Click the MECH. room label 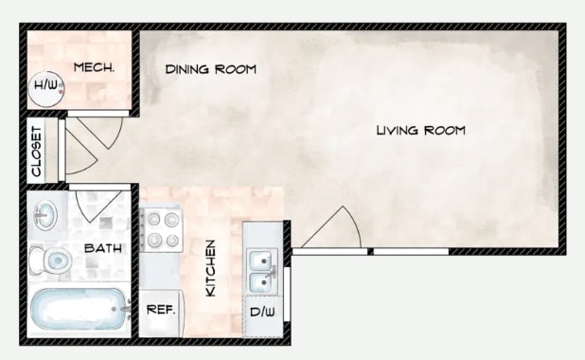pyautogui.click(x=95, y=68)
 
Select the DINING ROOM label pyautogui.click(x=211, y=70)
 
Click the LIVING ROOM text pyautogui.click(x=420, y=130)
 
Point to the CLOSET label pyautogui.click(x=37, y=152)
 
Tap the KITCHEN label pyautogui.click(x=211, y=268)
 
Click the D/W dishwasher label pyautogui.click(x=261, y=312)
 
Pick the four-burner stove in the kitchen pyautogui.click(x=161, y=230)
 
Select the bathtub pyautogui.click(x=79, y=309)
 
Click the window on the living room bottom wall pyautogui.click(x=409, y=251)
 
